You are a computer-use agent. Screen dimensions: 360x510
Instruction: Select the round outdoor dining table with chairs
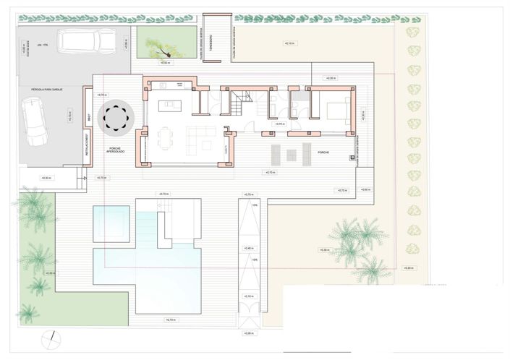point(116,117)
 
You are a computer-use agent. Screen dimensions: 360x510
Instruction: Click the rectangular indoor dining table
point(166,135)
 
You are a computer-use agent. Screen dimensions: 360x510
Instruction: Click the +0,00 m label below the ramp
point(250,333)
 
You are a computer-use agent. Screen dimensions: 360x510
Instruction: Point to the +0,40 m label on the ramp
point(250,248)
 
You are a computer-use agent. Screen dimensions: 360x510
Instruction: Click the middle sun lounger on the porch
point(290,154)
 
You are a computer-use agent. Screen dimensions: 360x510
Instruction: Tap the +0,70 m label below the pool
point(171,319)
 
